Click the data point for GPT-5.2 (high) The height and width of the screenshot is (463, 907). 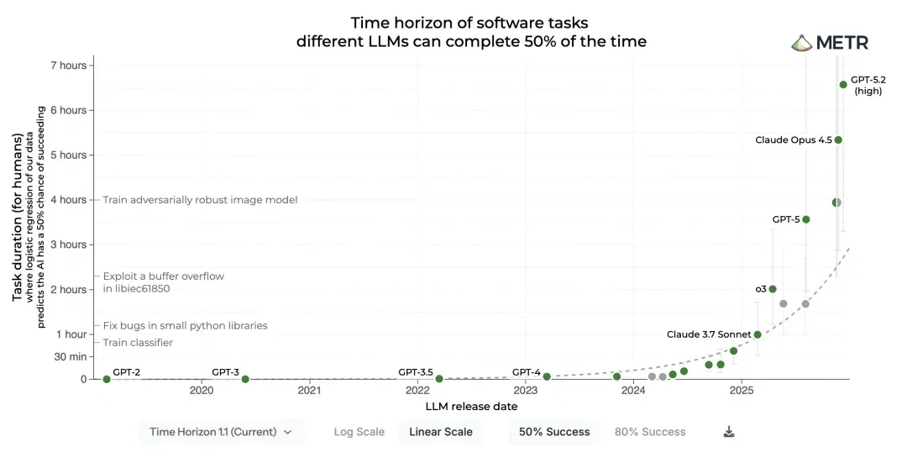843,85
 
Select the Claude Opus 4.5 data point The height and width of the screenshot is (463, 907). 838,140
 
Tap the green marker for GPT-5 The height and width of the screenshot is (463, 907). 805,219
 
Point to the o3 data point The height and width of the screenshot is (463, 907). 773,289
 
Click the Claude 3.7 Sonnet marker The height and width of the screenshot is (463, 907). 758,334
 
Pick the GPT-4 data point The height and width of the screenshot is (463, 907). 547,376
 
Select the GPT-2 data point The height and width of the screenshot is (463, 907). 107,379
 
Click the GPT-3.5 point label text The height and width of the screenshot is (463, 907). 416,372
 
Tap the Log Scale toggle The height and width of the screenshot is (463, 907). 359,432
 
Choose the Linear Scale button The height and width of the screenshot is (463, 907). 441,432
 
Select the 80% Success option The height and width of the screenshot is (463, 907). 649,432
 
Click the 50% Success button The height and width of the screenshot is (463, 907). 554,432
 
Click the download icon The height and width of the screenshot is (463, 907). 729,432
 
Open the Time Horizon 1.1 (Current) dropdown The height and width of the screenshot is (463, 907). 221,432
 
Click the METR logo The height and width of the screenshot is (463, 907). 830,43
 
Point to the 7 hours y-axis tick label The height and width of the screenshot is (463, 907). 68,66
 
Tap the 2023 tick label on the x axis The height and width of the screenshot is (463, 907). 525,390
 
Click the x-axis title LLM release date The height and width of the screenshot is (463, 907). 471,407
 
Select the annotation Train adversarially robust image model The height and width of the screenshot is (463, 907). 200,200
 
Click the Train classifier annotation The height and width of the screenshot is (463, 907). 138,343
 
